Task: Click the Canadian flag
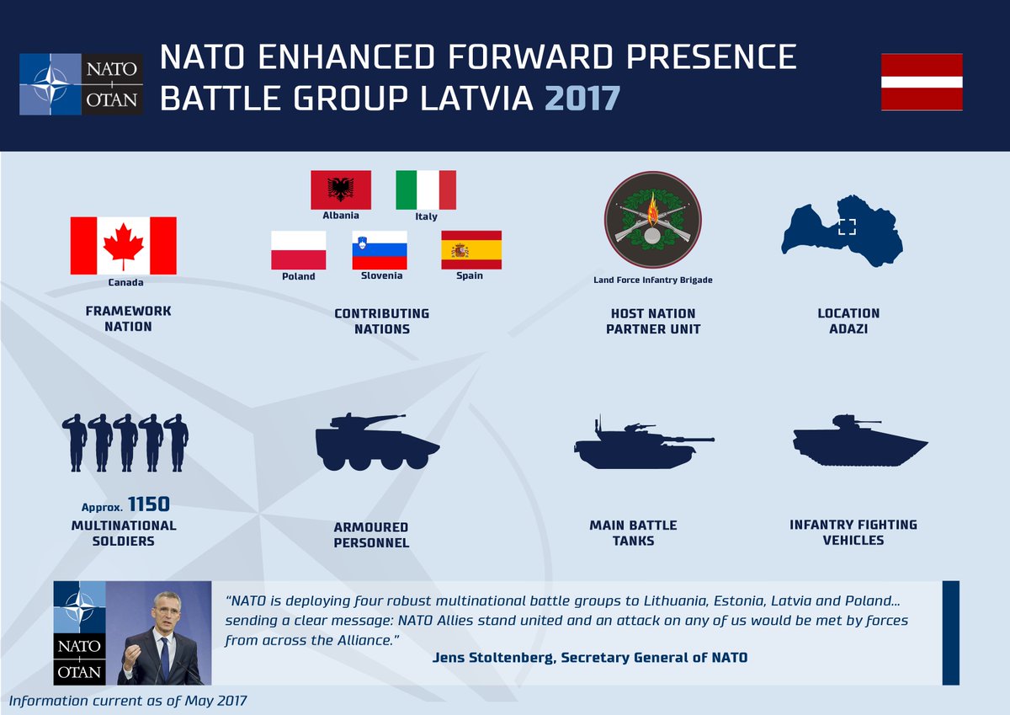123,245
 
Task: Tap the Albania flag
341,189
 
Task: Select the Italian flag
426,189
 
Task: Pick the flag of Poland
299,250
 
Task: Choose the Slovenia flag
380,250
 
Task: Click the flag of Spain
471,250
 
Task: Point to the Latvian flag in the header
922,83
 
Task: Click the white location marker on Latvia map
847,226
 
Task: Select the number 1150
149,504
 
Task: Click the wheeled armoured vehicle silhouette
375,442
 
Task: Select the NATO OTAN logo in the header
82,84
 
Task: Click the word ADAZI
848,328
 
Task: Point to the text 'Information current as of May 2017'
129,701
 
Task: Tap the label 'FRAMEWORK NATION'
129,318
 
